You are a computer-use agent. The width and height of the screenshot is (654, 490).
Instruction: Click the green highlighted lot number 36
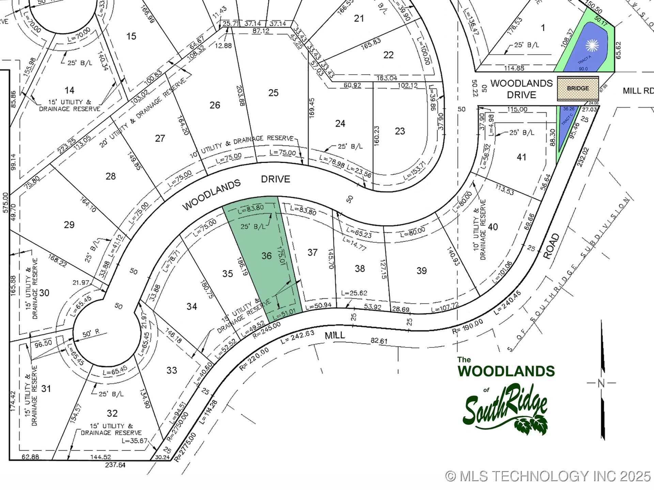point(266,256)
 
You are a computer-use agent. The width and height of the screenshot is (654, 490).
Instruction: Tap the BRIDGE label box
point(578,88)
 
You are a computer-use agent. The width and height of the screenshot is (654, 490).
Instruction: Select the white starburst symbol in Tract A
point(592,46)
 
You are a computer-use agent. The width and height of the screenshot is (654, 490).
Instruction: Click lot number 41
point(521,157)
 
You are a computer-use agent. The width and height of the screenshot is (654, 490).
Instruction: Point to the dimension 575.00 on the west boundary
point(5,202)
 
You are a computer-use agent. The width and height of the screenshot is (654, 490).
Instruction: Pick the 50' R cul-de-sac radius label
point(91,333)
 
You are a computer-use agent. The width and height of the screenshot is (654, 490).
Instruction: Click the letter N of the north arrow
point(601,383)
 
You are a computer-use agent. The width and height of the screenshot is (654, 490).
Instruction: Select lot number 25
point(273,93)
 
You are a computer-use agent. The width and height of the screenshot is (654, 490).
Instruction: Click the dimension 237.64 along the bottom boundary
point(115,464)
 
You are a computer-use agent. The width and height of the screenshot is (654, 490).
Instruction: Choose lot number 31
point(46,388)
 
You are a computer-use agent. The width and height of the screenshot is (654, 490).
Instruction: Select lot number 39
point(421,271)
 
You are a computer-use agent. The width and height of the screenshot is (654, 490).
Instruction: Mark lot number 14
point(69,90)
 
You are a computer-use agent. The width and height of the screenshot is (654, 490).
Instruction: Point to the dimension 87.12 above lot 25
point(261,31)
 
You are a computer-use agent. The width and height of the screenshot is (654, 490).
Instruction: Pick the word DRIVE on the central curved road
point(276,179)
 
